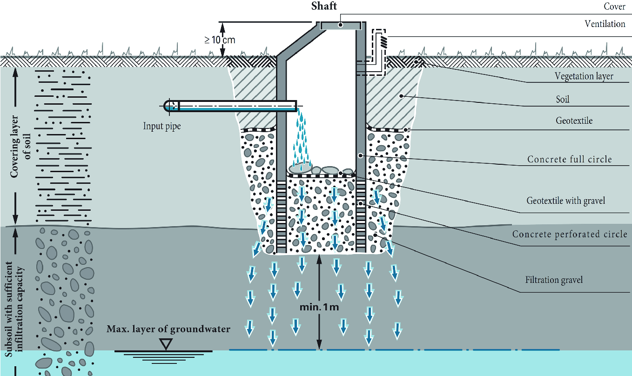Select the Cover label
click(614, 7)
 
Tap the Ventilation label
click(605, 23)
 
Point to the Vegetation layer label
click(584, 76)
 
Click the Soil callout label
click(562, 99)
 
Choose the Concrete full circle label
click(569, 159)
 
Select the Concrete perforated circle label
click(570, 234)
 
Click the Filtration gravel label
click(554, 280)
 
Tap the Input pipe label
click(162, 126)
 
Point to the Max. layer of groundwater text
click(168, 329)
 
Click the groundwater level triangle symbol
click(165, 344)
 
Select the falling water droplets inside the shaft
click(301, 140)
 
